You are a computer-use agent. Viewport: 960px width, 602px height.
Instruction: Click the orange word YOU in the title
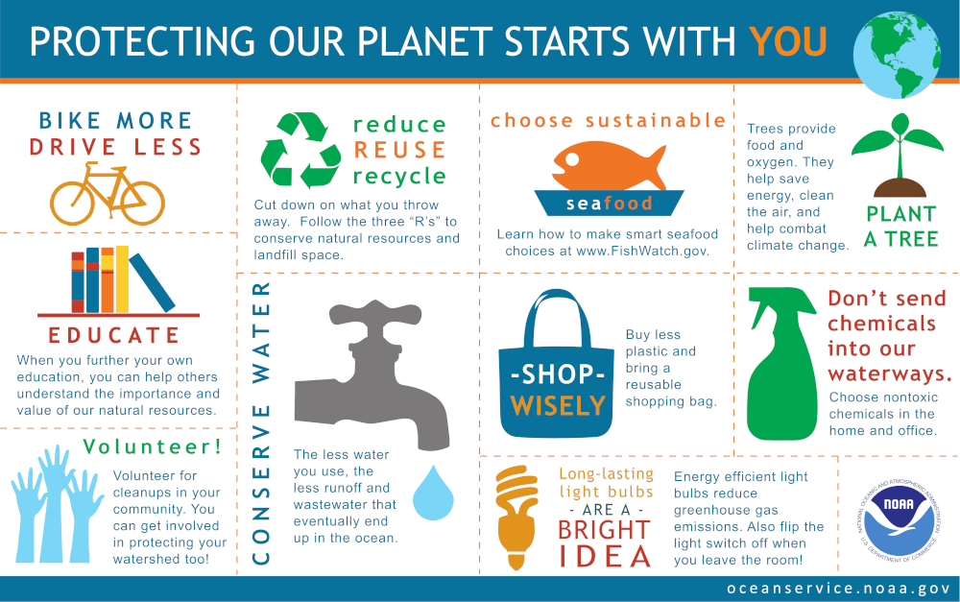788,41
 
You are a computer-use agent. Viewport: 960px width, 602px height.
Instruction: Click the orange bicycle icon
108,194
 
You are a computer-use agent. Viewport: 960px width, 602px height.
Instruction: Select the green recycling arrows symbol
300,150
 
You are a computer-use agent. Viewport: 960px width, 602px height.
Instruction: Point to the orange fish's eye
572,159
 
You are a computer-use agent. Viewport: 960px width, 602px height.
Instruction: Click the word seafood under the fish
610,204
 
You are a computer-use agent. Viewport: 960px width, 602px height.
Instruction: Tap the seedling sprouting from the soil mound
899,155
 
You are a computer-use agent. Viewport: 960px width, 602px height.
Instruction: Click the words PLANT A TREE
901,226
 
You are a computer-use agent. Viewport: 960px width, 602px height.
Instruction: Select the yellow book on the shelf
122,279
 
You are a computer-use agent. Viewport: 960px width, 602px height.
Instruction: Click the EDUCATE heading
114,335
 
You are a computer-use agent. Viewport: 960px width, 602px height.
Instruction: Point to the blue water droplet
433,493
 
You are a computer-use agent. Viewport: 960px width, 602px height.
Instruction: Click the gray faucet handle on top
375,314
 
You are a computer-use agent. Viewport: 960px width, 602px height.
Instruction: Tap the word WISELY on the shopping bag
558,405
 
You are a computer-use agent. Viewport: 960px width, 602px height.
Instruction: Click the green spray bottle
781,364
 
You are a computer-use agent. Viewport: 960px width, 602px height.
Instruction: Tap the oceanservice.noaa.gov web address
838,589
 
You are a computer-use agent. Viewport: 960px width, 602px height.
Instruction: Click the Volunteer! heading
153,446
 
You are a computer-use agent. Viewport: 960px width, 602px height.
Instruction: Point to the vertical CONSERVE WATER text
261,423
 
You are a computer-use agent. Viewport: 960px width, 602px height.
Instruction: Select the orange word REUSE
399,150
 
